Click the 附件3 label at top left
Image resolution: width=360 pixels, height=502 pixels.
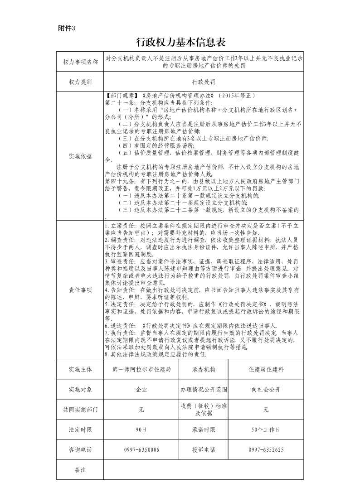click(66, 28)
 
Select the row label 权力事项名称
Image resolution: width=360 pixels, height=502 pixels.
click(80, 62)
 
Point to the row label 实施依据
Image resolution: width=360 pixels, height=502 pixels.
click(80, 156)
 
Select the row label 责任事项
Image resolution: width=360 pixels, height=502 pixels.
click(80, 290)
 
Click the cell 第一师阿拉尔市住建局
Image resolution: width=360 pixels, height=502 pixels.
click(141, 369)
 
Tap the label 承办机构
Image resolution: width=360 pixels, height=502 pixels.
click(204, 369)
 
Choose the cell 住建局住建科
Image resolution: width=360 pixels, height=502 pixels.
click(266, 369)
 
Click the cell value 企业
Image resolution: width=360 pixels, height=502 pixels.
click(141, 389)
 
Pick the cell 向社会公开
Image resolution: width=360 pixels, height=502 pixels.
click(266, 389)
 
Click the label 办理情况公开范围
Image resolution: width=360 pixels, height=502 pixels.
click(204, 389)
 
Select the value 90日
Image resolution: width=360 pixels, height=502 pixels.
click(141, 429)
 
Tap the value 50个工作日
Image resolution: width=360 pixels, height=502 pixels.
click(266, 429)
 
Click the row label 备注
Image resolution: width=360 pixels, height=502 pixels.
click(80, 469)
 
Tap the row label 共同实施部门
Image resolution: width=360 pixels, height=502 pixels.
click(80, 409)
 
